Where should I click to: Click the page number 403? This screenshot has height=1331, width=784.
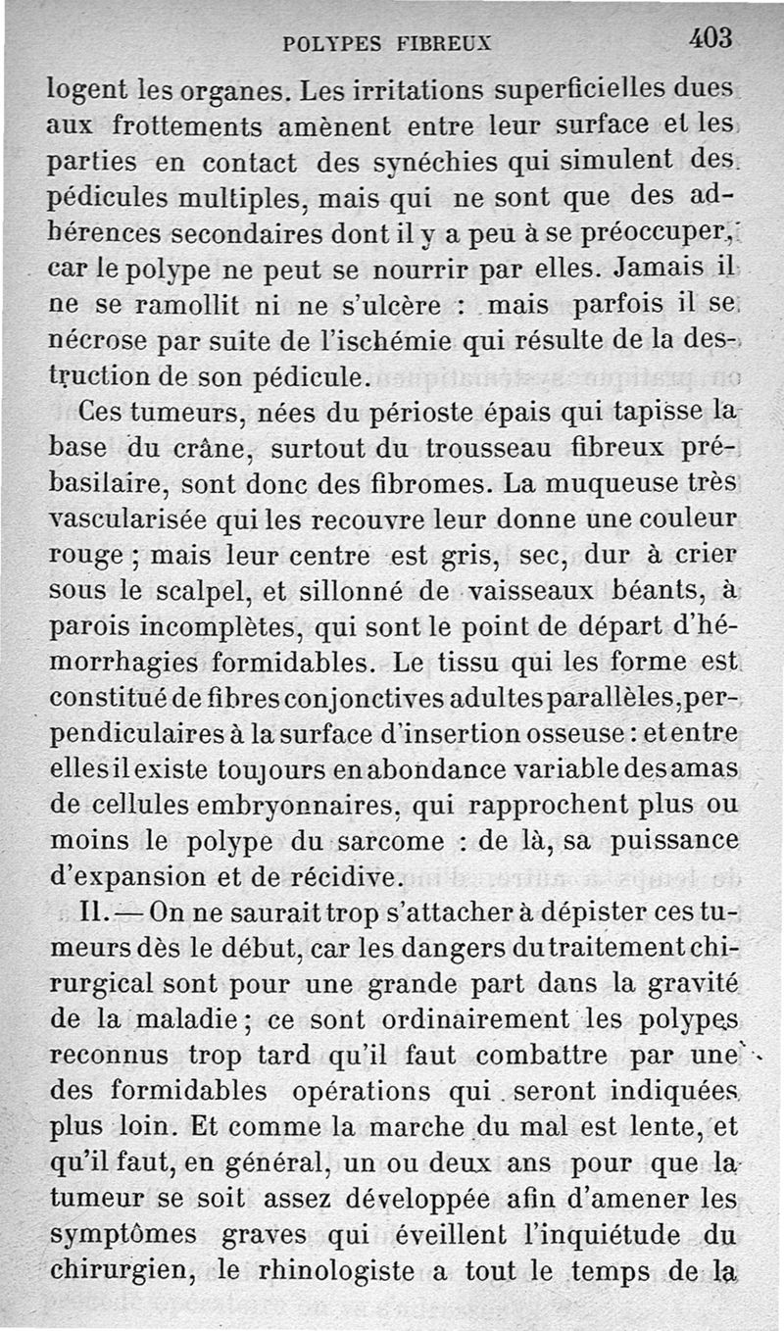click(710, 38)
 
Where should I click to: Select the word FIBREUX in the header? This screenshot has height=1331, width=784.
click(445, 43)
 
